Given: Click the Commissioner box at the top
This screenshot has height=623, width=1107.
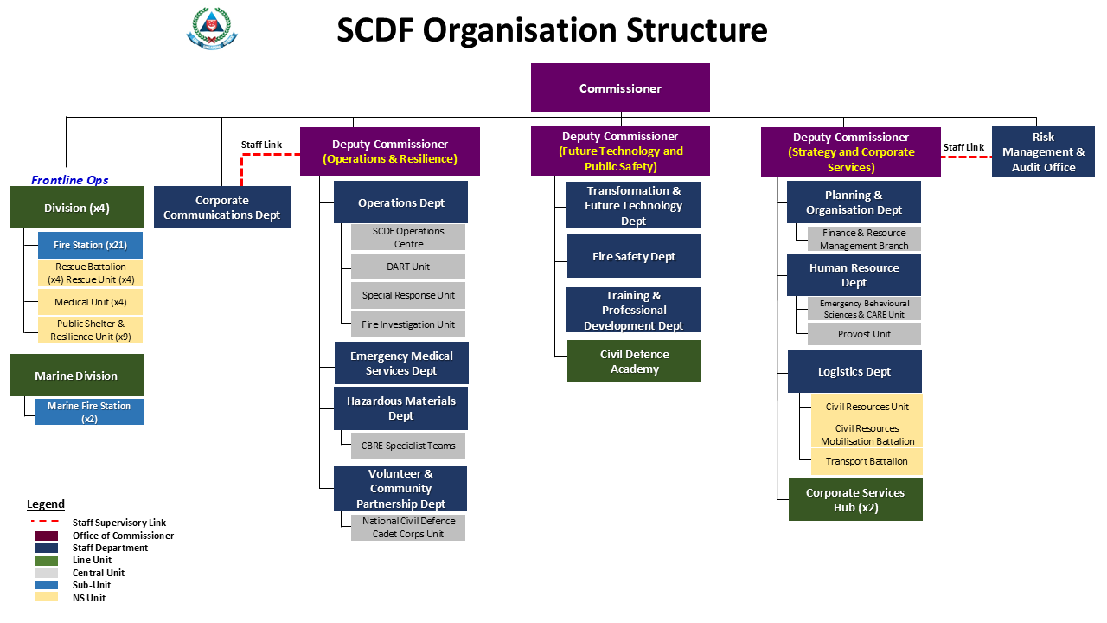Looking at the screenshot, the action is [620, 88].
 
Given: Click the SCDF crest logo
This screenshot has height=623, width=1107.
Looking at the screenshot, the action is [212, 29].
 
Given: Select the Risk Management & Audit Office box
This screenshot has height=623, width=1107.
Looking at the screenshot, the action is [1043, 151].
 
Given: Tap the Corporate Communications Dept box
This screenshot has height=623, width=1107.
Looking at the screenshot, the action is [222, 207].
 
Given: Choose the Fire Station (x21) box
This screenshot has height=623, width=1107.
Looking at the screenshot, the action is [91, 245].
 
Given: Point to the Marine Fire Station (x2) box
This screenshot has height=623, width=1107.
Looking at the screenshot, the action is [89, 412].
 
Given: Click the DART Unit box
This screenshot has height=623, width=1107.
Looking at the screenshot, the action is [408, 267].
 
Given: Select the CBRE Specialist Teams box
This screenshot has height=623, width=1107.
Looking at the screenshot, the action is [408, 446].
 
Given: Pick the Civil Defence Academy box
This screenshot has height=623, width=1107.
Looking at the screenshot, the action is [634, 362].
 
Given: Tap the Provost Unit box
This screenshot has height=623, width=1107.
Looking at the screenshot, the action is [864, 334].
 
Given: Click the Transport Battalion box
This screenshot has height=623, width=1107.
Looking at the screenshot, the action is [867, 461].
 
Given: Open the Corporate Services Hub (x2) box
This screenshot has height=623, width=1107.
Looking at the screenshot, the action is [855, 500].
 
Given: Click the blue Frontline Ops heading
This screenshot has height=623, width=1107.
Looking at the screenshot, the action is [70, 180].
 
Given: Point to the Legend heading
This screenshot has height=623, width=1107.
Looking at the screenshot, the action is [46, 504].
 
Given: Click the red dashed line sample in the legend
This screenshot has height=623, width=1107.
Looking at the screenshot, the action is [45, 521].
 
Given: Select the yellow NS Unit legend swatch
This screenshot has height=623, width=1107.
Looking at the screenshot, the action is [46, 597].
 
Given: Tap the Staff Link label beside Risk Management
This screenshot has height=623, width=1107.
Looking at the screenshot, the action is [963, 147].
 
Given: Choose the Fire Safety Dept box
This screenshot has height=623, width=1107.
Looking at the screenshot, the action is [634, 256].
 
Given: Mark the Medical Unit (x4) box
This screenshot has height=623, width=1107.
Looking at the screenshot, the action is [91, 302].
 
